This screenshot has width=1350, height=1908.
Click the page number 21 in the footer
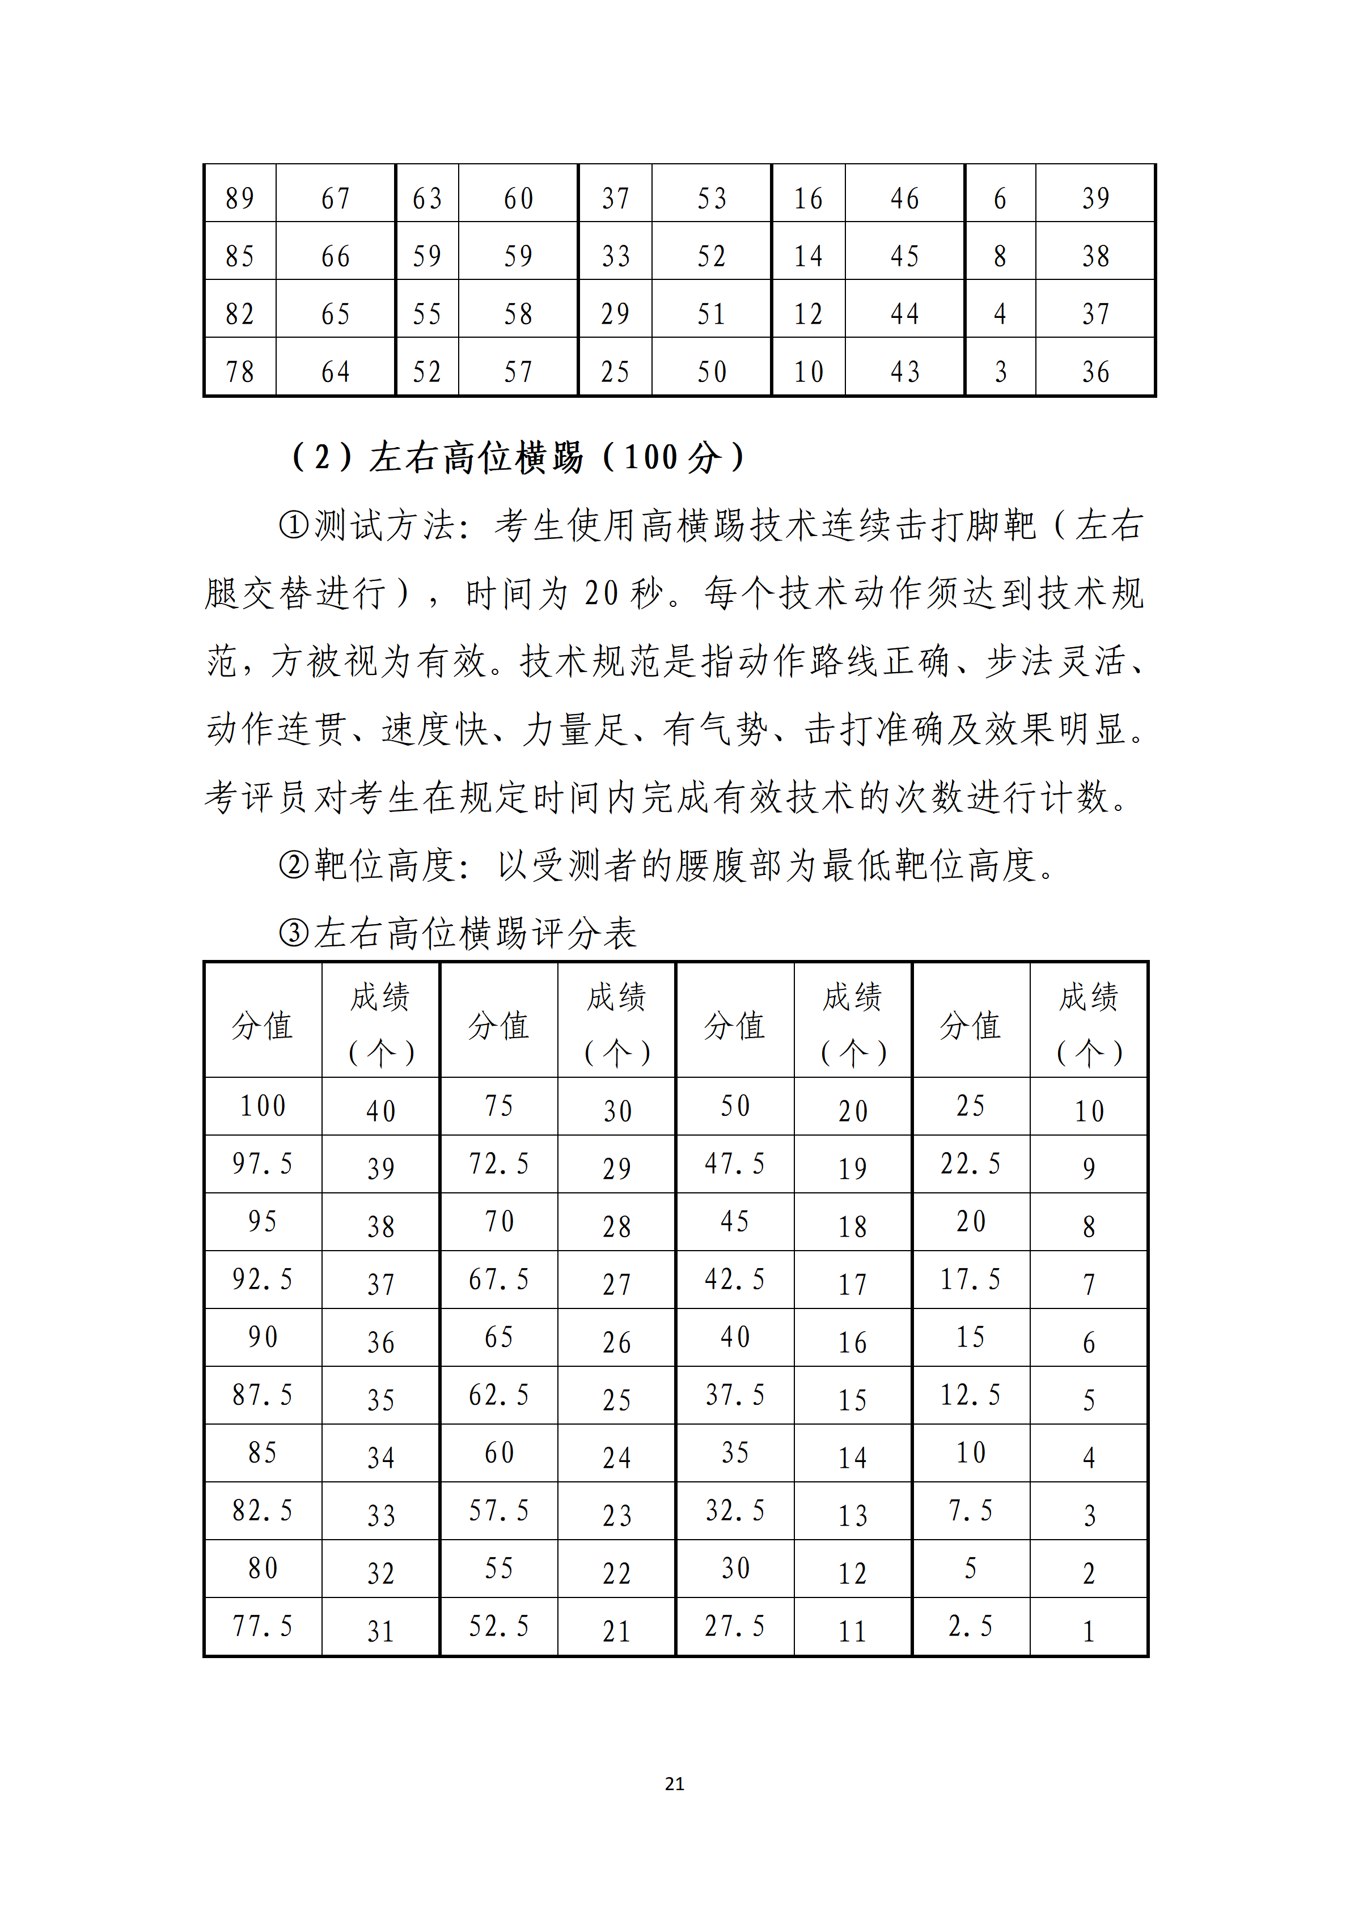674,1783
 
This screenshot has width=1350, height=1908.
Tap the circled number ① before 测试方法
294,526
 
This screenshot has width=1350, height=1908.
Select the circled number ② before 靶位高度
294,866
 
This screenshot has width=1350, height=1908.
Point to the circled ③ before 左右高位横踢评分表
294,933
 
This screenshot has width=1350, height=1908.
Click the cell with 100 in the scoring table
263,1106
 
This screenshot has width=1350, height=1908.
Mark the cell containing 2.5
970,1626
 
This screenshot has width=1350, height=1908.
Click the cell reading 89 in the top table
240,198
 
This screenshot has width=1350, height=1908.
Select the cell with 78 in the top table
240,372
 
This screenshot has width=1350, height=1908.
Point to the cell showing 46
904,198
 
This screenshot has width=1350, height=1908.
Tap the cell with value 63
428,198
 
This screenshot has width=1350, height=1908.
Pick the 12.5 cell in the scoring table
970,1395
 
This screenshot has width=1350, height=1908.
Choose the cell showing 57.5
499,1511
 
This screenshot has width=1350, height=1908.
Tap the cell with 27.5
735,1626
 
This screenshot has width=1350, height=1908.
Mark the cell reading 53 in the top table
712,198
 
